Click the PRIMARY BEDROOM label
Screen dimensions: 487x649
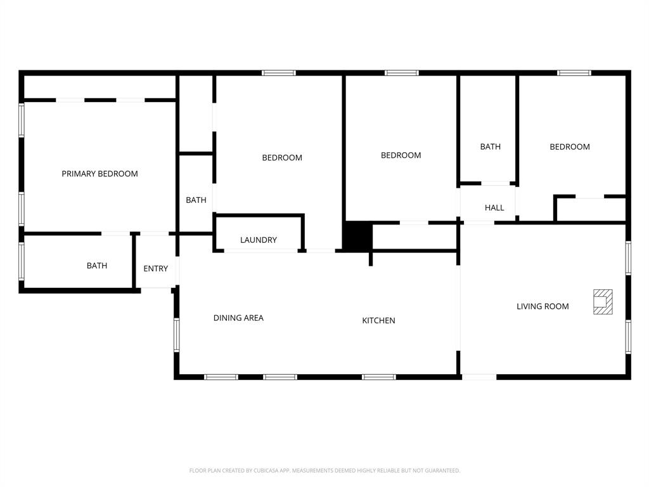click(x=100, y=174)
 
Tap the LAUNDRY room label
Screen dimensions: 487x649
click(x=258, y=240)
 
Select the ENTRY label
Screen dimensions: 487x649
click(x=155, y=269)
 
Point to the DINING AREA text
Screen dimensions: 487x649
click(x=238, y=318)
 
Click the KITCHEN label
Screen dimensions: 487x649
click(x=378, y=321)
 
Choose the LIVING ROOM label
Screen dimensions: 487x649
click(x=543, y=307)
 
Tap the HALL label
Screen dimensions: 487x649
click(x=494, y=208)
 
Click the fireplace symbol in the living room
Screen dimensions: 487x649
click(x=603, y=302)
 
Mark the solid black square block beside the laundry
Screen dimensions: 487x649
click(x=357, y=237)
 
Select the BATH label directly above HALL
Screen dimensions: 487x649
click(x=490, y=147)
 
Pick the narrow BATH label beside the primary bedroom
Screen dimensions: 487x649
click(x=196, y=200)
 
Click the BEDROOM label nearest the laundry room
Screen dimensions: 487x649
click(x=282, y=158)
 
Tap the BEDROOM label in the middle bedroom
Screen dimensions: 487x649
click(x=401, y=155)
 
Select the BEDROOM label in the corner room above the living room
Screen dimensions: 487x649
click(x=569, y=147)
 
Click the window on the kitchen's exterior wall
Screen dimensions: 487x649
click(x=378, y=377)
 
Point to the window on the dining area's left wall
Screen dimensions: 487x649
click(x=177, y=335)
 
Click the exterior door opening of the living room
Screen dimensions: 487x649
click(x=479, y=377)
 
